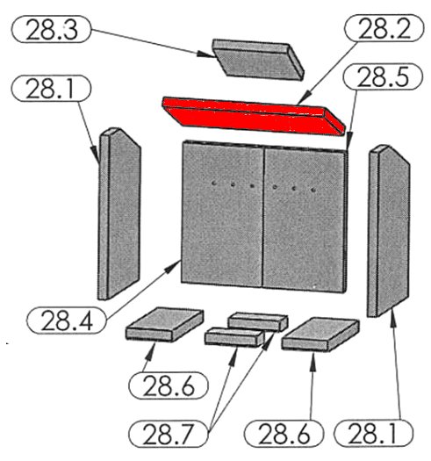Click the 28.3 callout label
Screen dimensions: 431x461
(51, 29)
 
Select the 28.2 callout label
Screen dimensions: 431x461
(384, 28)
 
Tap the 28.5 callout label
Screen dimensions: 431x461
(383, 76)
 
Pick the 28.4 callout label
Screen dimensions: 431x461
(67, 321)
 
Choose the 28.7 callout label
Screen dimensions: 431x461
(169, 434)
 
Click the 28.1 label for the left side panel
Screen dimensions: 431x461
(51, 89)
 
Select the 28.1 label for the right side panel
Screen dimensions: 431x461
(373, 434)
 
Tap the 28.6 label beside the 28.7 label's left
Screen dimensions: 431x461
(169, 385)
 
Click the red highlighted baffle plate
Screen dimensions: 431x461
(253, 117)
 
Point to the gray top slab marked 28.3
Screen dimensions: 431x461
(257, 59)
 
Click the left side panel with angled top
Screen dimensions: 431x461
(119, 213)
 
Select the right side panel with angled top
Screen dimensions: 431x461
(388, 231)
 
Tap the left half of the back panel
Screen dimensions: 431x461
(222, 213)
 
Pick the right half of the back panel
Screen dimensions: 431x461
(305, 219)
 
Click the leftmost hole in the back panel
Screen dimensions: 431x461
(214, 184)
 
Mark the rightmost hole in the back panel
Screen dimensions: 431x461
(313, 191)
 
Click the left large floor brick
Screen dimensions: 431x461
(165, 325)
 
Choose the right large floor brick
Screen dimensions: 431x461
(320, 335)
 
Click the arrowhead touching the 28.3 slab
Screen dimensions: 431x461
(205, 54)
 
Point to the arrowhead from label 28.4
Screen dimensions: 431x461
(173, 267)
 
